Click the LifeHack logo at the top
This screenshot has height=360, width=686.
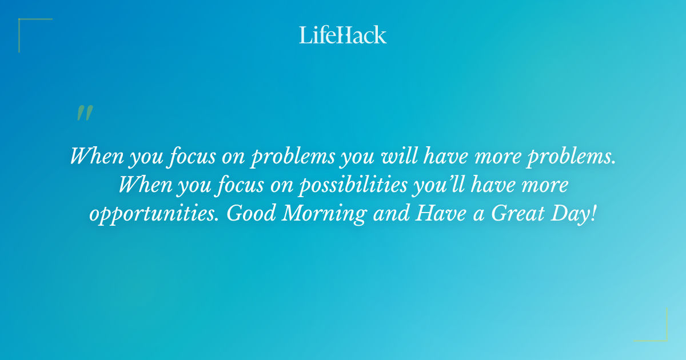[x=343, y=35]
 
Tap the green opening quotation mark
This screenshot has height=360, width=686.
[x=84, y=113]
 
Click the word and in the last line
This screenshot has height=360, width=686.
[x=390, y=213]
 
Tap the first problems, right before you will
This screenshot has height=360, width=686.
[x=292, y=157]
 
